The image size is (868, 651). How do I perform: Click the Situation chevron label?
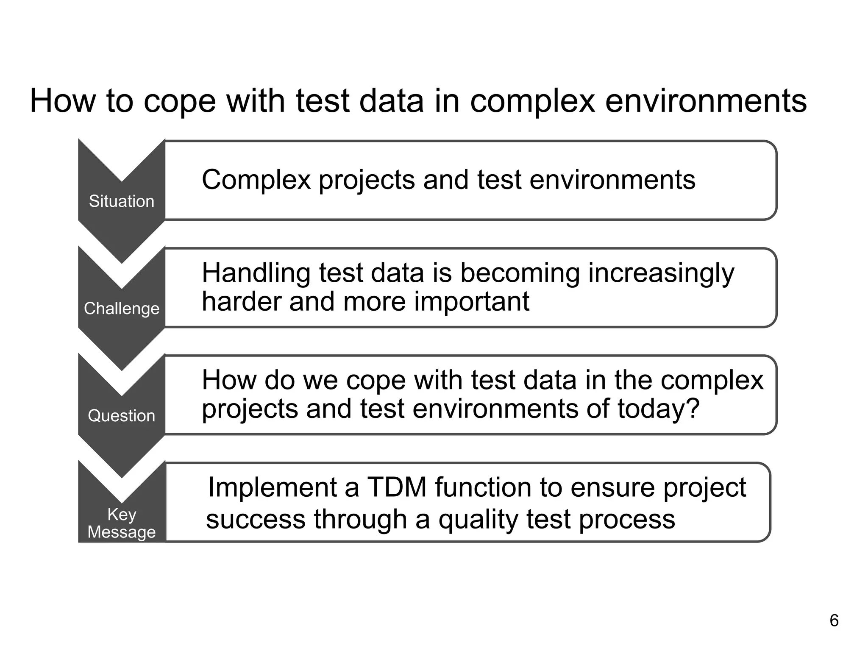click(x=122, y=201)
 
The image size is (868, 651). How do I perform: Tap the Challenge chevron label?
click(x=122, y=309)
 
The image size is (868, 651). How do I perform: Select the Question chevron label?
click(x=122, y=415)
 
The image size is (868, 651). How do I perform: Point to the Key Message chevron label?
click(x=122, y=523)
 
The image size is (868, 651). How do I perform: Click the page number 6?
click(x=834, y=620)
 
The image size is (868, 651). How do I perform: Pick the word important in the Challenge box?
click(x=471, y=302)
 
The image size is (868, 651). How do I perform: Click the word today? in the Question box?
click(x=658, y=409)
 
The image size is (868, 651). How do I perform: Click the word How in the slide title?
click(x=63, y=101)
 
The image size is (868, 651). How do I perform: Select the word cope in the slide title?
click(x=180, y=102)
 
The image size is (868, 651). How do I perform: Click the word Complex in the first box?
click(x=256, y=180)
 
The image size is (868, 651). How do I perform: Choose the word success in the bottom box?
click(x=256, y=520)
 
